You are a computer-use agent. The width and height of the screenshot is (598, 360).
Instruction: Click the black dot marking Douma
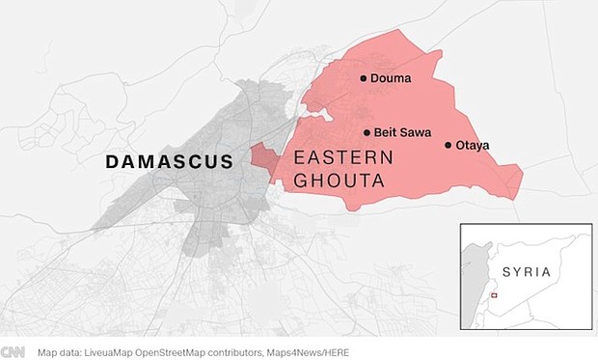pyautogui.click(x=363, y=79)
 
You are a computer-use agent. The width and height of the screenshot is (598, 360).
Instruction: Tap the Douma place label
pyautogui.click(x=391, y=79)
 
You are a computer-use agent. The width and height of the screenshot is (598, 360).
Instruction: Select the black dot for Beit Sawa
pyautogui.click(x=367, y=133)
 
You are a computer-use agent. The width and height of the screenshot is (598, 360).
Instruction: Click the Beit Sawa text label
pyautogui.click(x=402, y=133)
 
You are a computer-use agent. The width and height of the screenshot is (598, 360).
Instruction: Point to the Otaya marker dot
pyautogui.click(x=448, y=146)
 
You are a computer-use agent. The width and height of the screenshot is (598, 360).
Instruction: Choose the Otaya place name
pyautogui.click(x=473, y=146)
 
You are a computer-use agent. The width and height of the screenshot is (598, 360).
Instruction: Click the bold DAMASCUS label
pyautogui.click(x=170, y=161)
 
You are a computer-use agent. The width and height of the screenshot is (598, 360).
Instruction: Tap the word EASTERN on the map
pyautogui.click(x=338, y=158)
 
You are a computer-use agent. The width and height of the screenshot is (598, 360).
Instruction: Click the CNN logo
pyautogui.click(x=13, y=352)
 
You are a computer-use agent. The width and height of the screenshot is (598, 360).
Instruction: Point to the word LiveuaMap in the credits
pyautogui.click(x=114, y=352)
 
